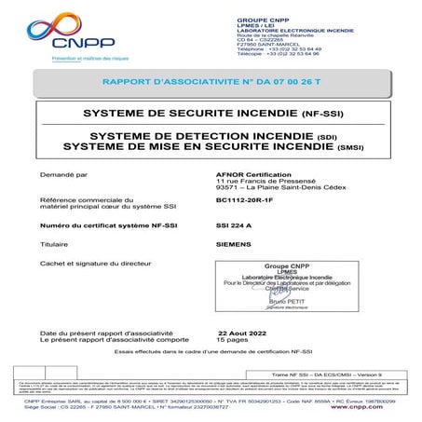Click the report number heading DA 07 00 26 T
coord(210,83)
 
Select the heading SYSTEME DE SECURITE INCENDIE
coord(210,113)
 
